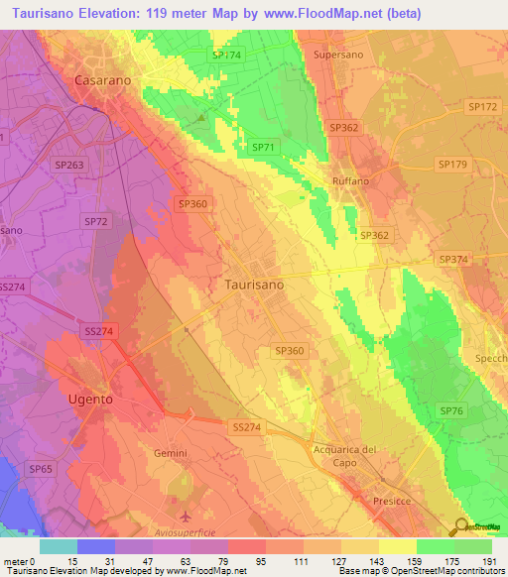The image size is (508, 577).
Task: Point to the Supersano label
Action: tap(339, 55)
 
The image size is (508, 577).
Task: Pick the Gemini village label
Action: tap(171, 452)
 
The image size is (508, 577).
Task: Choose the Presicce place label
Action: tap(391, 502)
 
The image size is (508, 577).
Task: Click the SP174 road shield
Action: tap(226, 55)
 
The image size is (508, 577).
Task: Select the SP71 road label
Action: tap(263, 147)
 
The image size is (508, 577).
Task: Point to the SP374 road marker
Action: tap(452, 258)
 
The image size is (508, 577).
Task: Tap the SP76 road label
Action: tap(451, 410)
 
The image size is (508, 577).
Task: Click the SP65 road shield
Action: tap(41, 468)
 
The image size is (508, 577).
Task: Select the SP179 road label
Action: tap(451, 165)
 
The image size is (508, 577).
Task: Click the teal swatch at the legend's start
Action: tap(59, 546)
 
